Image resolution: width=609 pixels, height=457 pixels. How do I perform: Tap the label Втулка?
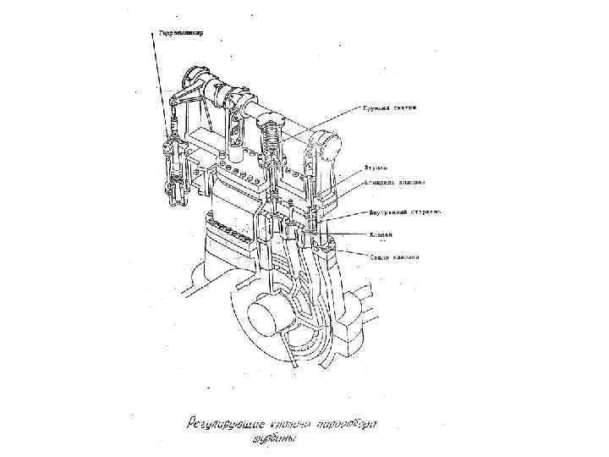coord(376,168)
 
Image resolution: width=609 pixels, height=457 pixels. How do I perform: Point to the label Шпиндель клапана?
coord(393,181)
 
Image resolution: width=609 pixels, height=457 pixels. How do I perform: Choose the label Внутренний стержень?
coord(403,213)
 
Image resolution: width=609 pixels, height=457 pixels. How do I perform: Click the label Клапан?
coord(377,234)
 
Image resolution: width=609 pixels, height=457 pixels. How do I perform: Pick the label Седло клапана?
coord(392,256)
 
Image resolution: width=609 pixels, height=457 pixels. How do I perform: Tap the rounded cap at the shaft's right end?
coord(326,146)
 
